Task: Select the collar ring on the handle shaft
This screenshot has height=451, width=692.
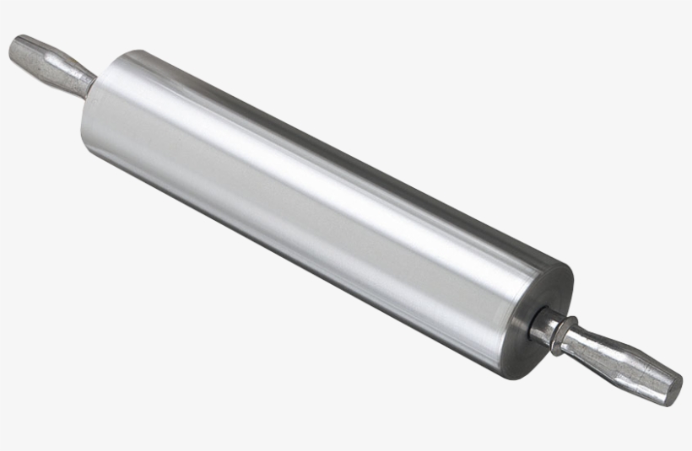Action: click(564, 332)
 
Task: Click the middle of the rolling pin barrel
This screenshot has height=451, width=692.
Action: click(321, 211)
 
